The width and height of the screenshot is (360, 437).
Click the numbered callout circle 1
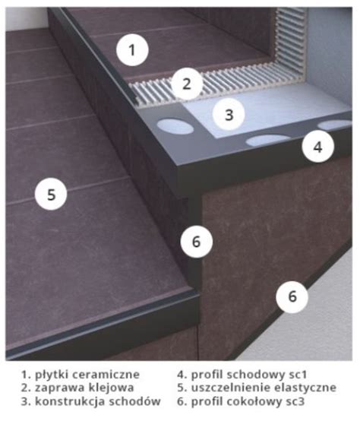132,50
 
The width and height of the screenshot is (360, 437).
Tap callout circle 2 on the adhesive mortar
187,84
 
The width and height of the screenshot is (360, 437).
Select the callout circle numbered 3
229,114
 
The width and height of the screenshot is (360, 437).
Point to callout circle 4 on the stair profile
318,147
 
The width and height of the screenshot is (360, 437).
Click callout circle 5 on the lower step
51,195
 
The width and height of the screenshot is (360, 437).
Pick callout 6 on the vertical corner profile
197,242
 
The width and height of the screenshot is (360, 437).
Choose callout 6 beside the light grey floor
292,296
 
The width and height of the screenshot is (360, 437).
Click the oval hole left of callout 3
175,126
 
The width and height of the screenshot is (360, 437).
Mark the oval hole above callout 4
335,125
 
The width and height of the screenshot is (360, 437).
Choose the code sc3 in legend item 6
295,401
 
